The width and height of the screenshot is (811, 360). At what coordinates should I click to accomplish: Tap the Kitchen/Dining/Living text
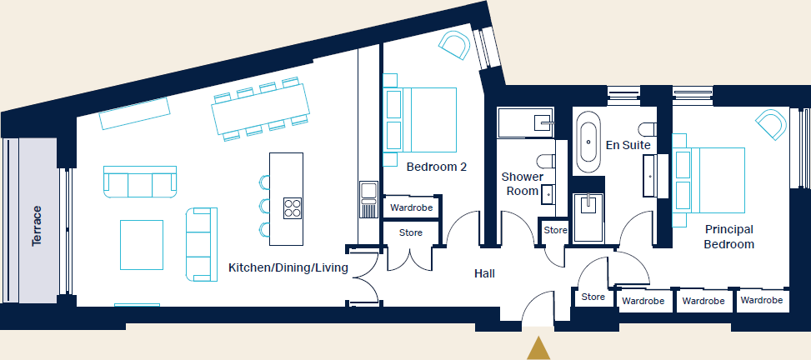click(288, 268)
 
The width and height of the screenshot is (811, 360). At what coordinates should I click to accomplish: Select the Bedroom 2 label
click(436, 167)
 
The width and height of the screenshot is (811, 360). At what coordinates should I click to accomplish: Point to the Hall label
click(484, 272)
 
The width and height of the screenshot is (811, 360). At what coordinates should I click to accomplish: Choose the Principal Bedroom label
click(728, 237)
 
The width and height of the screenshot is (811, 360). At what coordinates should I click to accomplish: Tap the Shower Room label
click(522, 183)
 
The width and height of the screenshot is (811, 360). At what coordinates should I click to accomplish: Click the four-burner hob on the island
click(293, 207)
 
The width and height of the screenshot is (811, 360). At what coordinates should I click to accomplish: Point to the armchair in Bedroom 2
click(455, 45)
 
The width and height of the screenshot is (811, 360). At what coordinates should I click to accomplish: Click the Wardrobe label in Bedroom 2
click(411, 207)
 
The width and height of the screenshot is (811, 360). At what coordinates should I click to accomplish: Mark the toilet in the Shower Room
click(547, 160)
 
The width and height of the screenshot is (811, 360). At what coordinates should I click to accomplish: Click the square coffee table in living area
click(141, 243)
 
